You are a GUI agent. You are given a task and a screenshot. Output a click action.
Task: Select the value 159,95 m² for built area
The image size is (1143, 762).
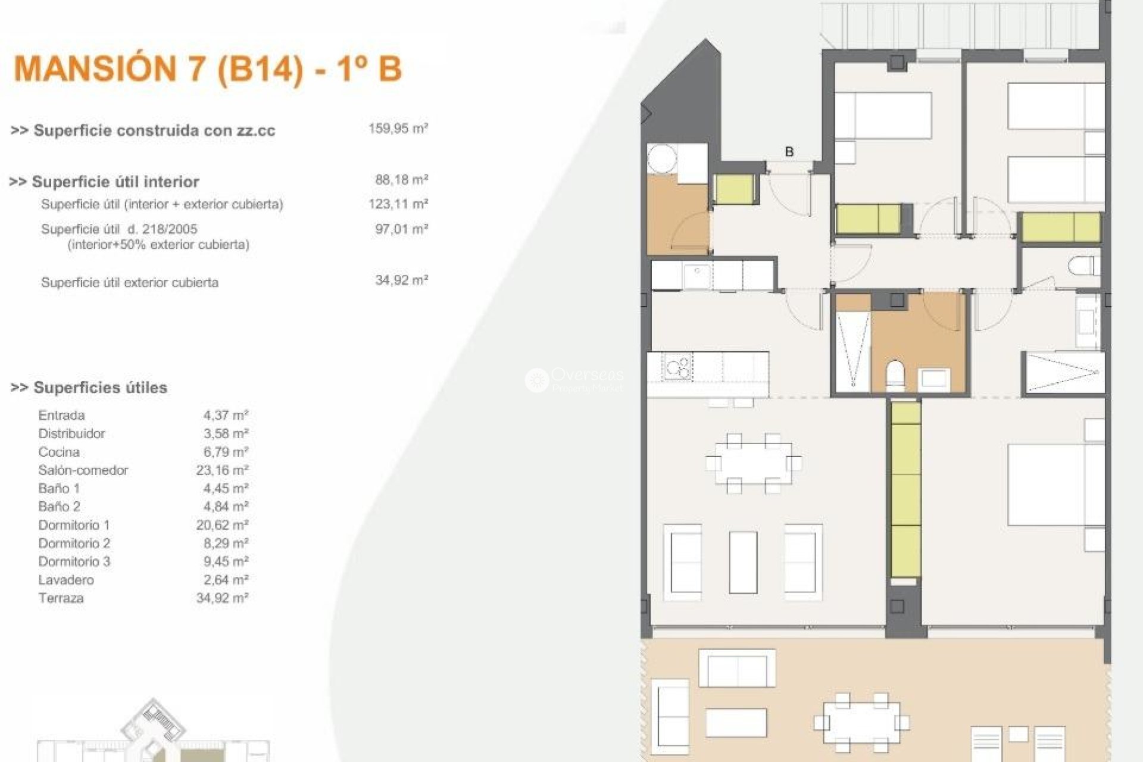[x=398, y=129]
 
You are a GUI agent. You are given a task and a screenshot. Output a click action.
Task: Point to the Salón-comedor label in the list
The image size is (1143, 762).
[x=83, y=470]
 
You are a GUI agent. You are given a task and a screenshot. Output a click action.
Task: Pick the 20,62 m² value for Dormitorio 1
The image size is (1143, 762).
[x=222, y=525]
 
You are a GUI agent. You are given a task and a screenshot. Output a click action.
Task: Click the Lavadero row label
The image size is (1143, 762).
[x=66, y=580]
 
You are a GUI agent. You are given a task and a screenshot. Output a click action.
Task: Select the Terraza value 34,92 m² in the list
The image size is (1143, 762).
[x=222, y=598]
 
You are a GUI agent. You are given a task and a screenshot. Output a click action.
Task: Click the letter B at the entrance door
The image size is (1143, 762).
[x=789, y=152]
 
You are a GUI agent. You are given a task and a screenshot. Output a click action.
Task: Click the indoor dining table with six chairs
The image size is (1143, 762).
[x=753, y=463]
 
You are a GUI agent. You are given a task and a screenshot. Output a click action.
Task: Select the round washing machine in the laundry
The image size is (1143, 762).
[x=663, y=158]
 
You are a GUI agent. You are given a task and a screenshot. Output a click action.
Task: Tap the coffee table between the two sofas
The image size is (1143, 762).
[x=743, y=562]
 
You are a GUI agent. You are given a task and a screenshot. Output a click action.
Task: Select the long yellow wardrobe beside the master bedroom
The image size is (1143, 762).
[x=905, y=490]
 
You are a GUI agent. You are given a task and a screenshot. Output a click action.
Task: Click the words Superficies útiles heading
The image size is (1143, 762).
[x=99, y=388]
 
